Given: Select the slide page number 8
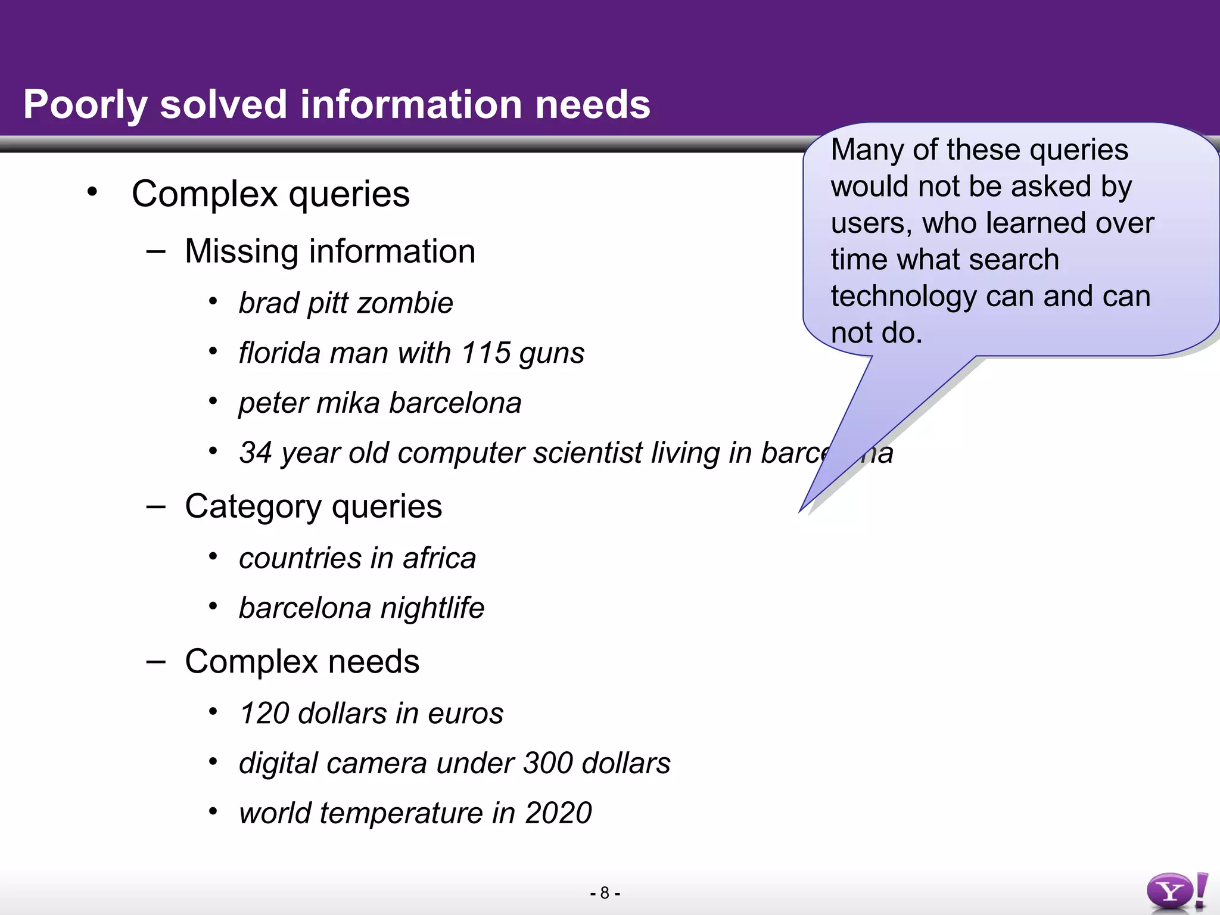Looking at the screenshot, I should (x=605, y=893).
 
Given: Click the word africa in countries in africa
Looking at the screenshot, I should (x=439, y=559).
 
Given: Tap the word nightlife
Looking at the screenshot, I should (x=432, y=608).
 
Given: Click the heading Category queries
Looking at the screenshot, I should (x=313, y=507).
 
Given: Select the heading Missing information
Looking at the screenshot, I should (x=330, y=251).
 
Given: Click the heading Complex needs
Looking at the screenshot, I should (x=302, y=662).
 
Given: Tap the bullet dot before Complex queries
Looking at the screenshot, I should (x=92, y=192).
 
